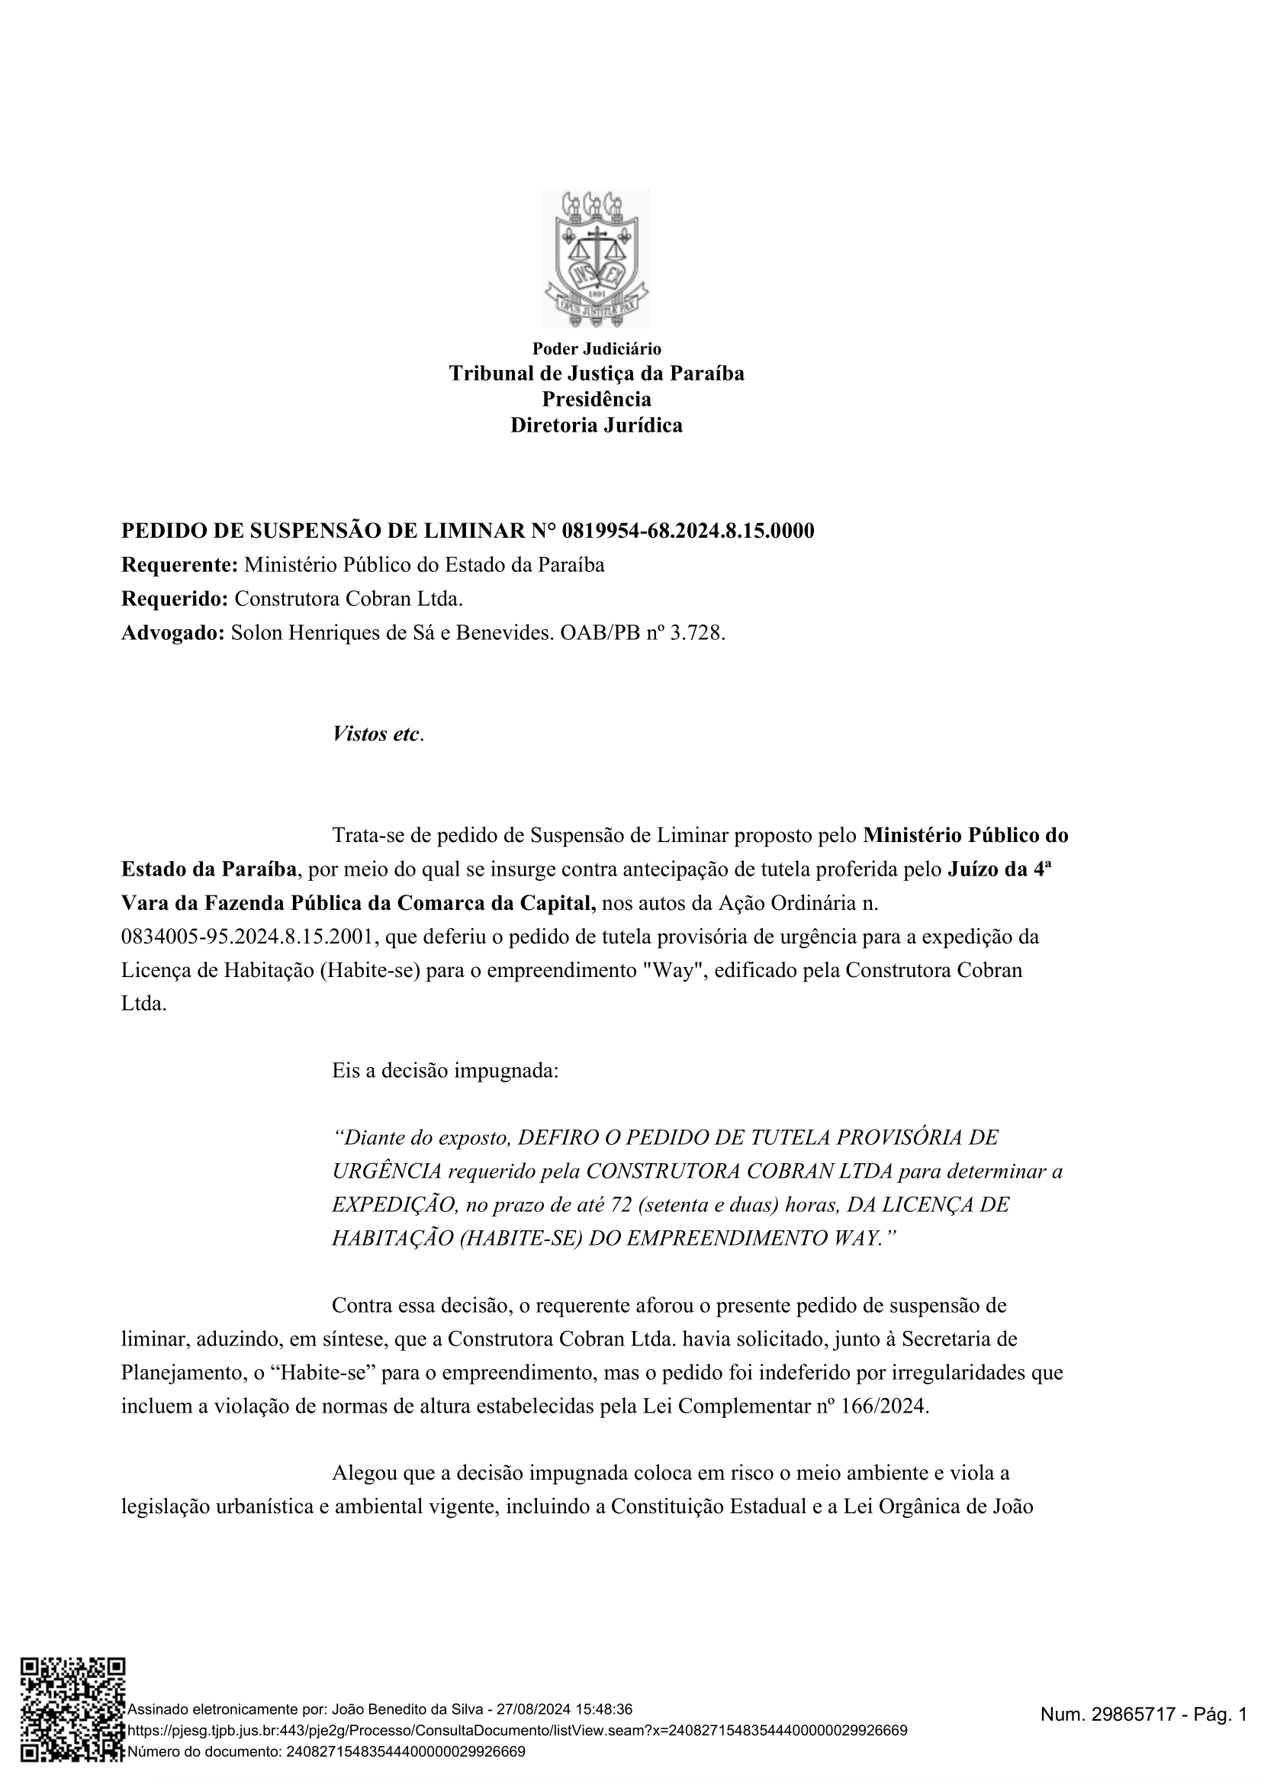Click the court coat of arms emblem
click(596, 258)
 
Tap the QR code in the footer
click(72, 1734)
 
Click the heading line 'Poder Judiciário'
click(596, 349)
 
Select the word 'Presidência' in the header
click(596, 400)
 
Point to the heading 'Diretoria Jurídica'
click(596, 425)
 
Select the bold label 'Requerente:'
click(179, 565)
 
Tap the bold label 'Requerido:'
click(175, 599)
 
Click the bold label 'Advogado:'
click(173, 633)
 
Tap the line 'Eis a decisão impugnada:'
click(446, 1071)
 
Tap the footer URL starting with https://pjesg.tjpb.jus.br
click(516, 1731)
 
